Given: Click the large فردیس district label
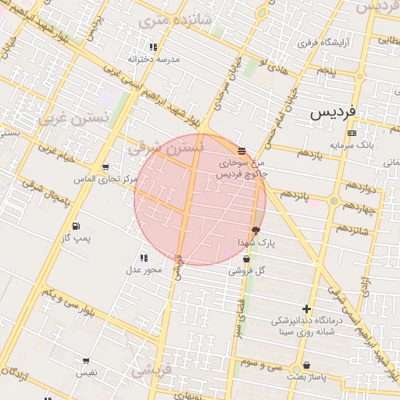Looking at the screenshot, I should point(332,112).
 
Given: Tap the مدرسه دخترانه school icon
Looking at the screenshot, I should point(153,48).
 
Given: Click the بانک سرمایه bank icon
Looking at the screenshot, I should point(352,134).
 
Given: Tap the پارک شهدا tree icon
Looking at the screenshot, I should point(255,230).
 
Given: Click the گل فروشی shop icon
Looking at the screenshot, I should point(247,259).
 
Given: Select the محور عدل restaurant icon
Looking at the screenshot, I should point(144,258).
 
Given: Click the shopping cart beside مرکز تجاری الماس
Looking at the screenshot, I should point(105,167).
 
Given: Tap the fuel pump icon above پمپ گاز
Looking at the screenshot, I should point(76,227).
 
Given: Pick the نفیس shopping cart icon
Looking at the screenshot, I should point(85,361).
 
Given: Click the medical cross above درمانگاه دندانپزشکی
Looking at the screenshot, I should point(306,309).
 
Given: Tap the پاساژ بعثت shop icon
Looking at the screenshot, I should point(305,365).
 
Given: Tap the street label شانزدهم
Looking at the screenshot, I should point(352,230).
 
